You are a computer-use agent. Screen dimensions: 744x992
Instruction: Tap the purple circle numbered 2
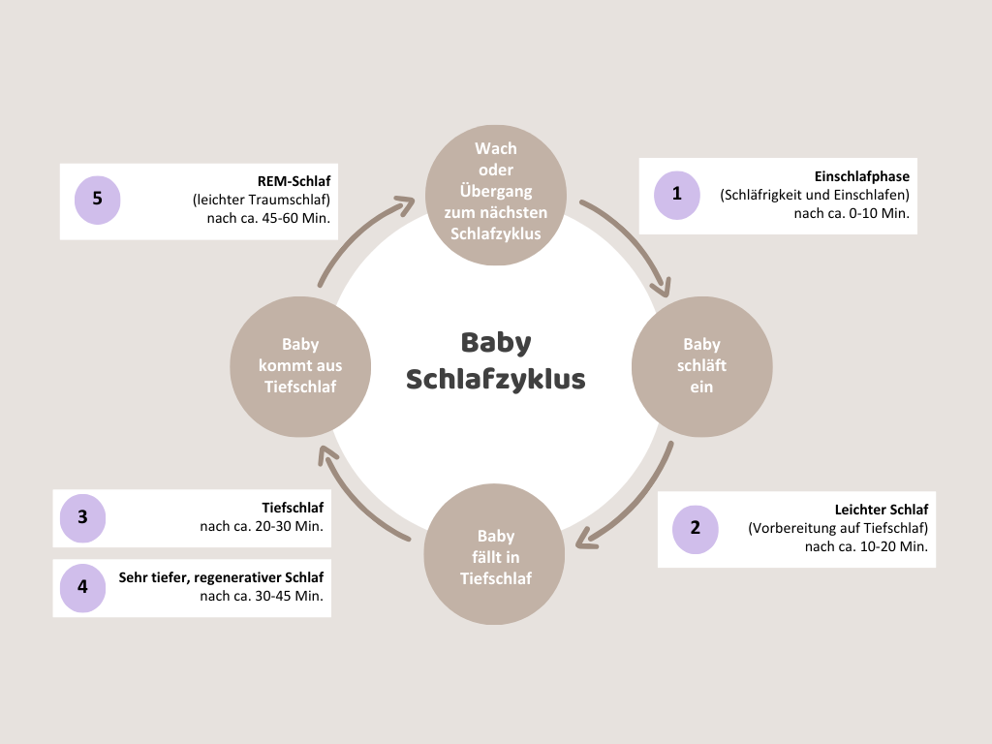coord(696,528)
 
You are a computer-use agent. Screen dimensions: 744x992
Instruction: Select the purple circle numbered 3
coord(82,518)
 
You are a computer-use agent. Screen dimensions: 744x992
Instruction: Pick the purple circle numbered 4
coord(82,587)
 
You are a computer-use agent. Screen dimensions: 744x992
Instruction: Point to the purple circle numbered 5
coord(98,199)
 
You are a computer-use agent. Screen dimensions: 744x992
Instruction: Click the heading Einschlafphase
coord(862,177)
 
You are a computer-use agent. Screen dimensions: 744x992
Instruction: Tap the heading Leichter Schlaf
coord(882,510)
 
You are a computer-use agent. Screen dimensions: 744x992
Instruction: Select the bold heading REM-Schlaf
coord(294,181)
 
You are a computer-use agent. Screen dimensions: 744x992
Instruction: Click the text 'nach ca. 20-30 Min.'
coord(262,527)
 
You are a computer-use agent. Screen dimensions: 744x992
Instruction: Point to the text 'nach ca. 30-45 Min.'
coord(262,596)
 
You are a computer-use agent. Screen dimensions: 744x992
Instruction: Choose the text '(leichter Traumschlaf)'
coord(262,200)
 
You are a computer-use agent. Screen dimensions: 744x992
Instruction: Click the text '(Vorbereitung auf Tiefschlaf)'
coord(838,528)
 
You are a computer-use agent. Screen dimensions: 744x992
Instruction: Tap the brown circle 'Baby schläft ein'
coord(701,365)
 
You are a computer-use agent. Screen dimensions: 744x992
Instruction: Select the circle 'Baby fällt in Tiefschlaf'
coord(495,557)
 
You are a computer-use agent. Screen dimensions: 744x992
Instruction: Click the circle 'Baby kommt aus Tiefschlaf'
coord(300,365)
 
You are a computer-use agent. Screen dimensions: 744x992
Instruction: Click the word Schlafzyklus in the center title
coord(496,378)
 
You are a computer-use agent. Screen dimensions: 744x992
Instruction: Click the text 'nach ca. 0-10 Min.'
coord(852,214)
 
